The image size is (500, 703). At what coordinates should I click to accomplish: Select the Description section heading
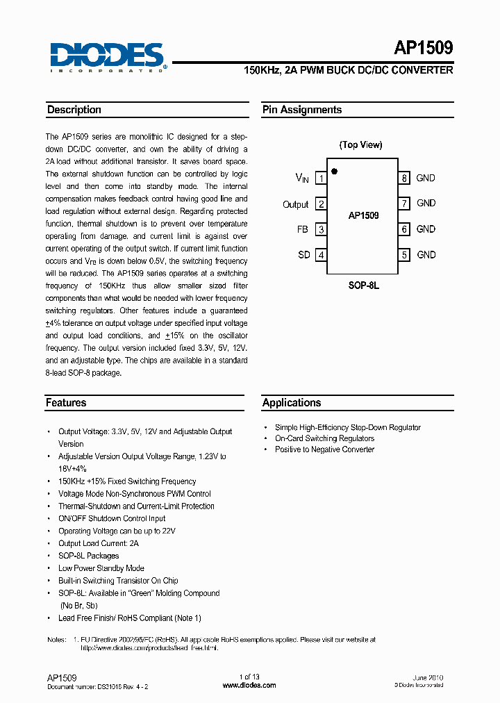74,110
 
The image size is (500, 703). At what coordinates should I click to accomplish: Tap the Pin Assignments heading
302,110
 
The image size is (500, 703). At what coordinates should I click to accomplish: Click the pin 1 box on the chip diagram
321,179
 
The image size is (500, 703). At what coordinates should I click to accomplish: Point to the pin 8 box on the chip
403,179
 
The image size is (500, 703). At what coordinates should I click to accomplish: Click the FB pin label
302,229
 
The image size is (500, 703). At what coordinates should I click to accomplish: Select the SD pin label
304,255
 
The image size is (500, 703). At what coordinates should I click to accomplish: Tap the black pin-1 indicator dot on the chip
335,171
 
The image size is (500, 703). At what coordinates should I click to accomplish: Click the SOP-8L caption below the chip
363,286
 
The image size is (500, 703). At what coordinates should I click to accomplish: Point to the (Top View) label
360,144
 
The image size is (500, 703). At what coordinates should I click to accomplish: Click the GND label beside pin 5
426,255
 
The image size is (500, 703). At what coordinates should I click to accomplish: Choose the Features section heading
67,403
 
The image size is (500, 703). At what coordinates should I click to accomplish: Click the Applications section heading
292,403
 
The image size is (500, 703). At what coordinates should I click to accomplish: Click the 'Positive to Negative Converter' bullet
324,449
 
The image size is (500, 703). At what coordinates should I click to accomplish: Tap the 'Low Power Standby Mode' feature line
101,568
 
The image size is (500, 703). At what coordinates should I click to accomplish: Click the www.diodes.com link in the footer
249,685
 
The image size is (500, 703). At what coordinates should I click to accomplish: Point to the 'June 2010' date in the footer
428,677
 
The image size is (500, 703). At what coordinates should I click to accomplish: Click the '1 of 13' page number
249,677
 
